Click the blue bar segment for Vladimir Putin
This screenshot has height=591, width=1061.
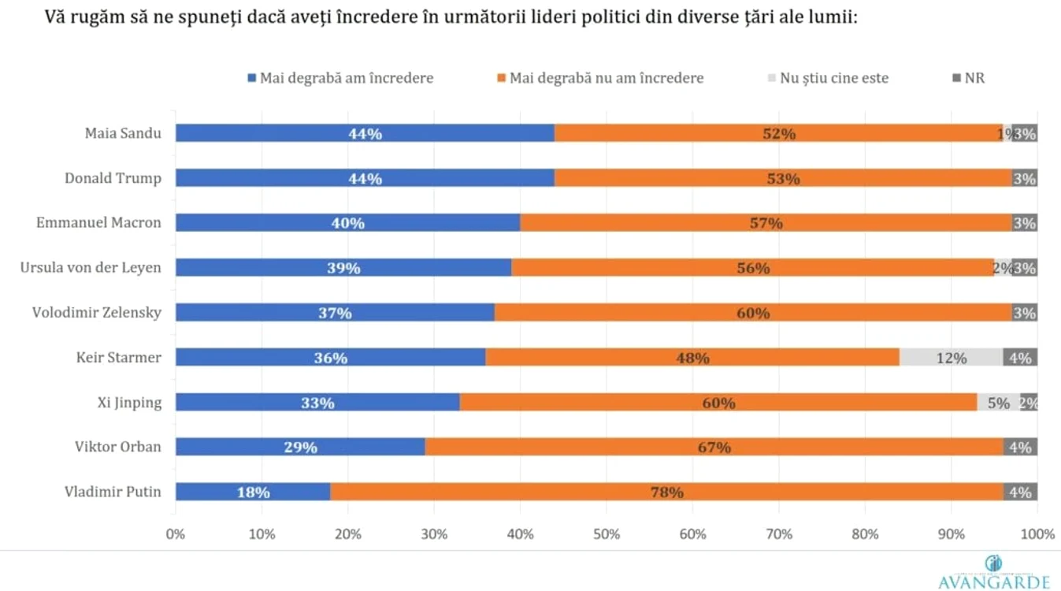coord(253,492)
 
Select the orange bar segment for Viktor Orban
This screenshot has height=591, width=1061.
coord(714,447)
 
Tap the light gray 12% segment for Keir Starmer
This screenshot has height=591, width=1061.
coord(951,357)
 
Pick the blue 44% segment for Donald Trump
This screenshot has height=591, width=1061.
coord(365,178)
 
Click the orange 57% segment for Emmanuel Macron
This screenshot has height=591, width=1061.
coord(766,223)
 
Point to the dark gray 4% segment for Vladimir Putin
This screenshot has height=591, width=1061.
coord(1020,492)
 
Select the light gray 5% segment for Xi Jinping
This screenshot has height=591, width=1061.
coord(999,402)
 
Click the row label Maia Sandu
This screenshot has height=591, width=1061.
coord(123,133)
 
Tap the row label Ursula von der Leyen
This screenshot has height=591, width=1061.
coord(91,267)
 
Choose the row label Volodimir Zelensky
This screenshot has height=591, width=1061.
coord(97,312)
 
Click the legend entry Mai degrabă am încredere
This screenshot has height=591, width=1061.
coord(340,78)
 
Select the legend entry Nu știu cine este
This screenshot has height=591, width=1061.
coord(828,78)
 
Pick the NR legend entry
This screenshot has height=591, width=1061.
coord(969,78)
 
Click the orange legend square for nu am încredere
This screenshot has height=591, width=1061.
coord(501,78)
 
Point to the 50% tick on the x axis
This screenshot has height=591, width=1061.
coord(607,534)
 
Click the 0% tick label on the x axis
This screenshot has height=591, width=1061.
coord(175,534)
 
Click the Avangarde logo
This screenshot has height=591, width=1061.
coord(994,573)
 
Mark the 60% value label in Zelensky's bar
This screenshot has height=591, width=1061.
coord(753,313)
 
